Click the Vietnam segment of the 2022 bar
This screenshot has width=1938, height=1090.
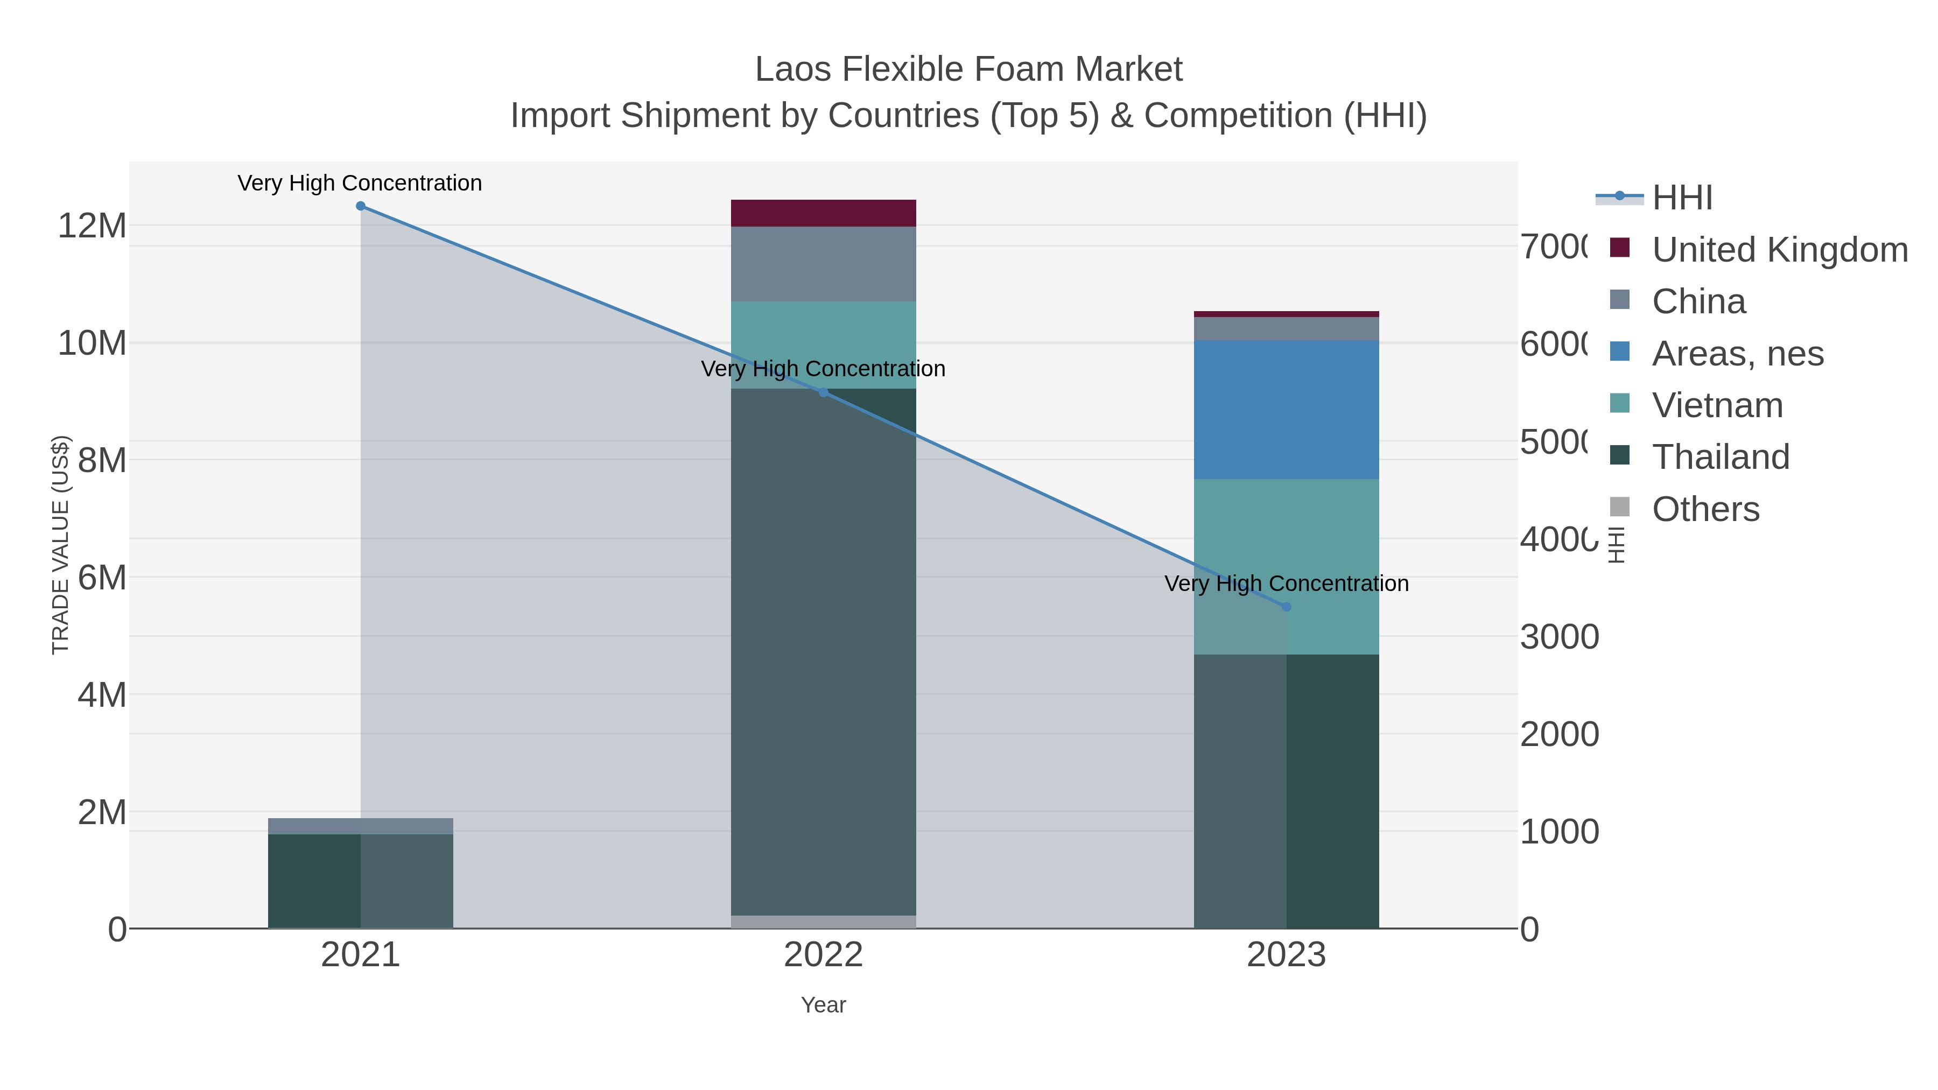(823, 344)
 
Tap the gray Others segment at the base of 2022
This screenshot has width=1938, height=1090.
(823, 922)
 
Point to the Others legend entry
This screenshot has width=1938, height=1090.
(1705, 509)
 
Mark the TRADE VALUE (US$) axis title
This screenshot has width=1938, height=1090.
(60, 545)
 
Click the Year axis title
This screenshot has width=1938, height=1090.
(823, 1005)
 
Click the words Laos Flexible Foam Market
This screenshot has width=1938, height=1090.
(968, 69)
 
